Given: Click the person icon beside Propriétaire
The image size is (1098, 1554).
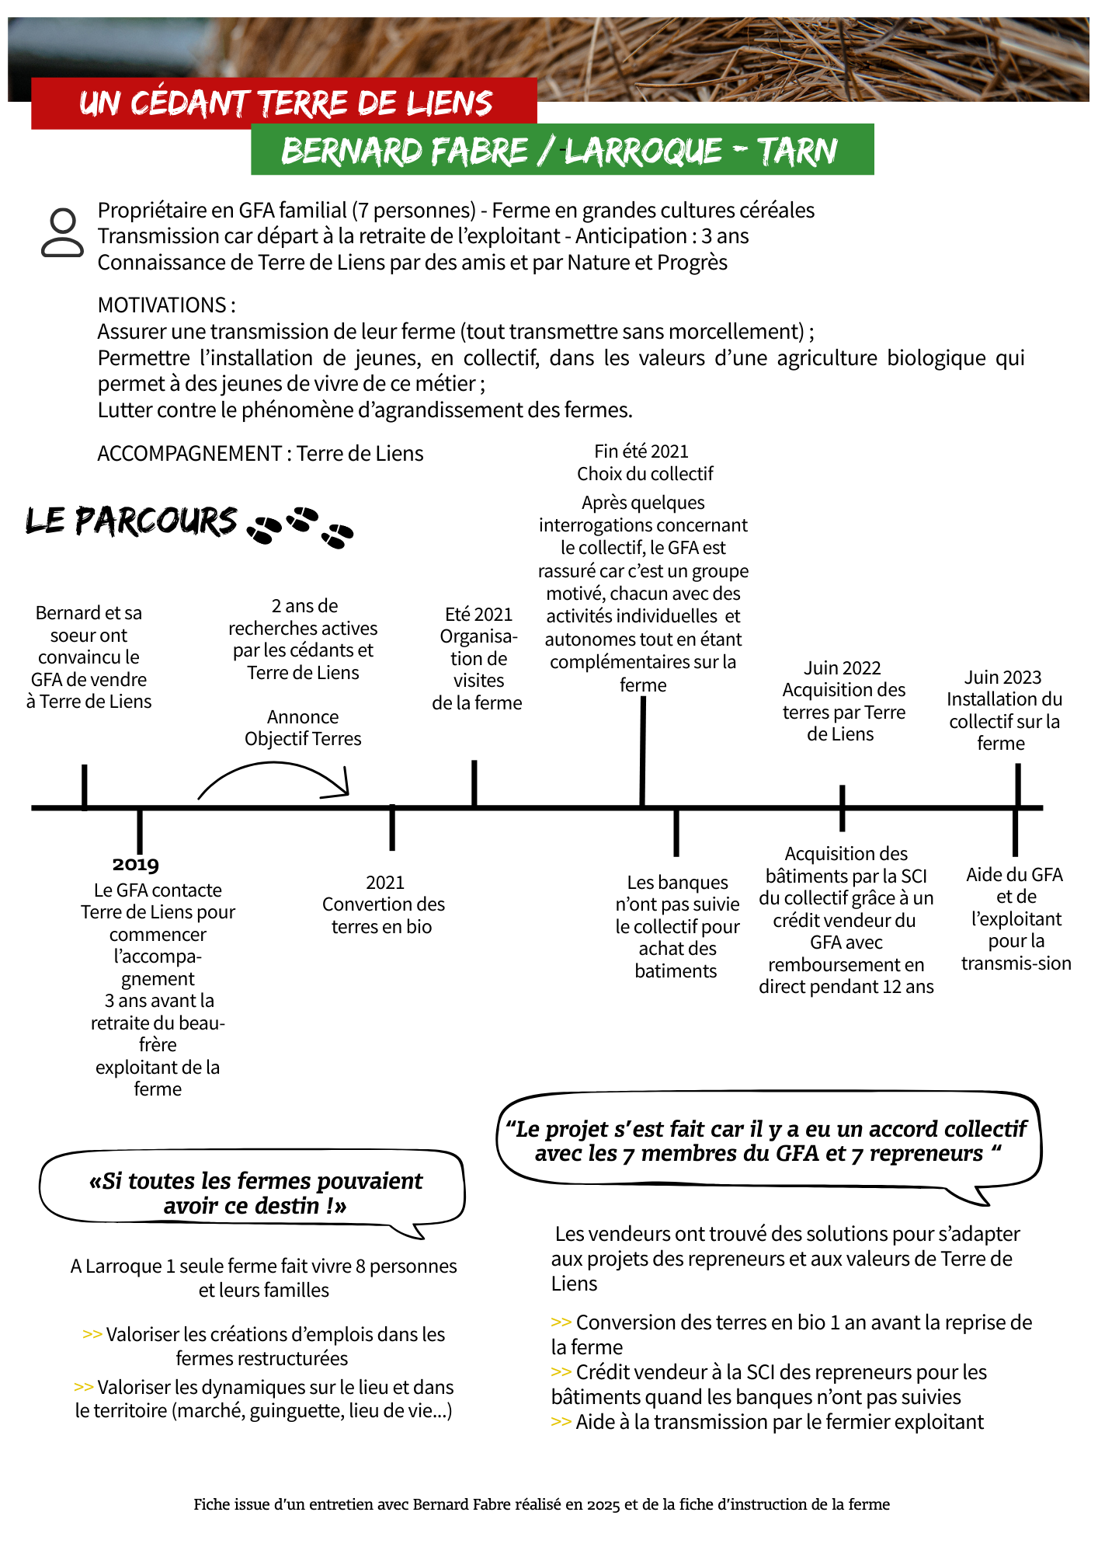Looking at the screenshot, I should pyautogui.click(x=62, y=232).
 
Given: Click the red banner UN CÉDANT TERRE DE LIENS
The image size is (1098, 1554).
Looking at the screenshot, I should pyautogui.click(x=284, y=103).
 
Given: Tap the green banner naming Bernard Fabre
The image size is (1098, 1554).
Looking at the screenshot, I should pyautogui.click(x=561, y=150).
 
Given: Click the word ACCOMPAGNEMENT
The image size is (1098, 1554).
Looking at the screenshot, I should pyautogui.click(x=189, y=454).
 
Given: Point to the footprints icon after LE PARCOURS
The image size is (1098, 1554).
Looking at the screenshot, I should pyautogui.click(x=300, y=527).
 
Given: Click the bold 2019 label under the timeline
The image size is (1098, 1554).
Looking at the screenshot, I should pyautogui.click(x=135, y=864).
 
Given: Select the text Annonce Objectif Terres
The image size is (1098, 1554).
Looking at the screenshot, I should pyautogui.click(x=303, y=728).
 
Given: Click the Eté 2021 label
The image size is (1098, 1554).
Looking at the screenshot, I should pyautogui.click(x=478, y=615).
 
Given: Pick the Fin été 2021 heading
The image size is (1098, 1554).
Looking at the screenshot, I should pyautogui.click(x=641, y=451).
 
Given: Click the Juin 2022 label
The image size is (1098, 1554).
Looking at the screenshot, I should pyautogui.click(x=842, y=668).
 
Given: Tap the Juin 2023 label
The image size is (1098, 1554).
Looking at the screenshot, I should pyautogui.click(x=1002, y=678).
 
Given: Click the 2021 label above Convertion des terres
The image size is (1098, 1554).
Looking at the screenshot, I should pyautogui.click(x=385, y=883).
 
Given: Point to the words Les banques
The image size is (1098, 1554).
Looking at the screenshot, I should pyautogui.click(x=677, y=883).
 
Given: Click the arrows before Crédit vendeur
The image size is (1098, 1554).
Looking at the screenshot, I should pyautogui.click(x=561, y=1372).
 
